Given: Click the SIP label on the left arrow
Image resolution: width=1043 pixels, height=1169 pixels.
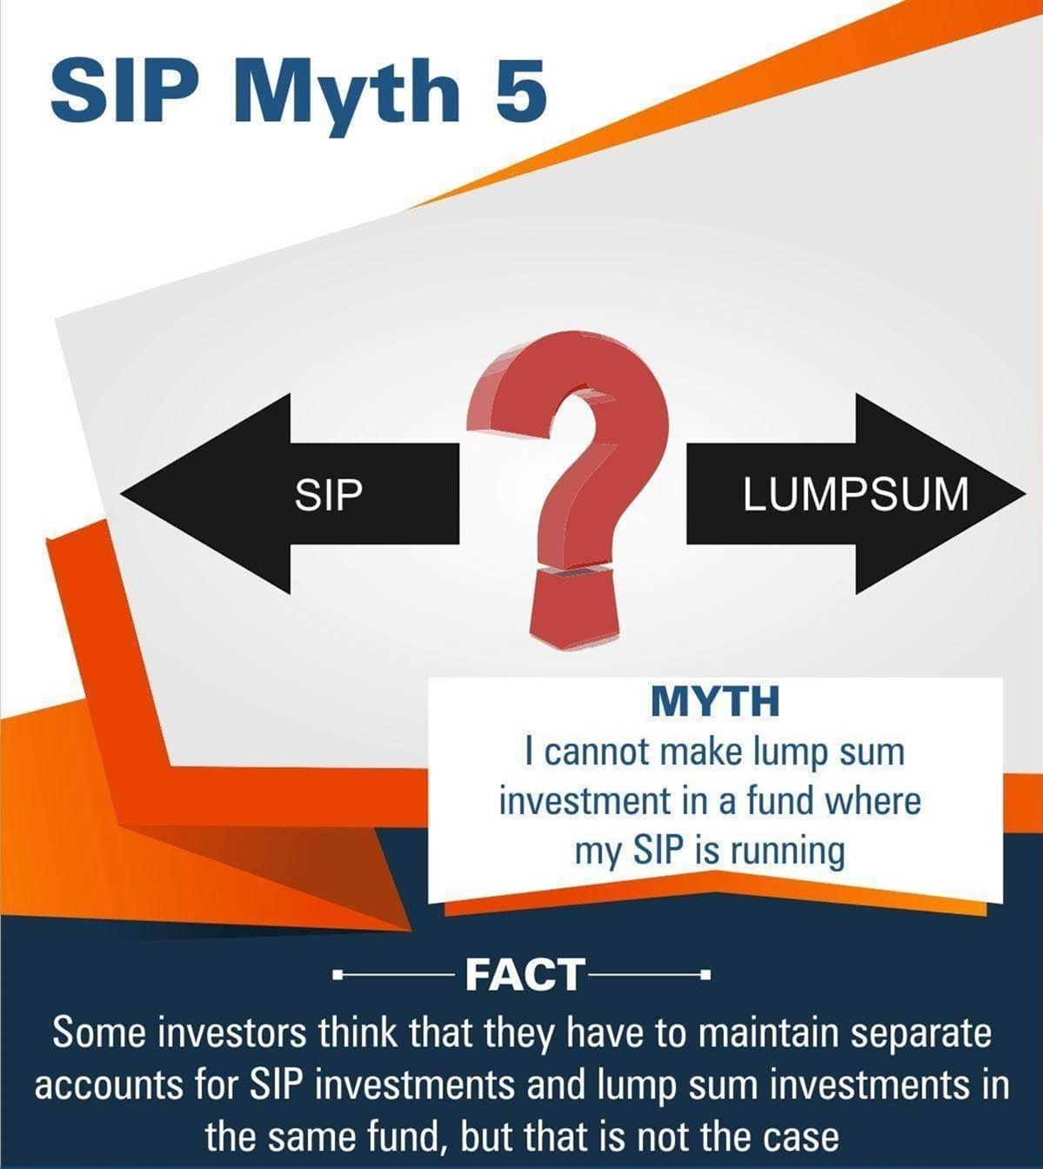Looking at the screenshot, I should tap(328, 496).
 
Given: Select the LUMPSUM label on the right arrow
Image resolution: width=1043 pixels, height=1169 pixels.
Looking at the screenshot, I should tap(856, 494).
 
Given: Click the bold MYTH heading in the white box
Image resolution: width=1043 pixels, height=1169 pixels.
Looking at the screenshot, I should tap(715, 701).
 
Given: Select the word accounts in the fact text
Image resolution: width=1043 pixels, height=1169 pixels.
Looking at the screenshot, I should tap(108, 1085).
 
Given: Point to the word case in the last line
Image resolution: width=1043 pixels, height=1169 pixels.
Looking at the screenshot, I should tap(794, 1136).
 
